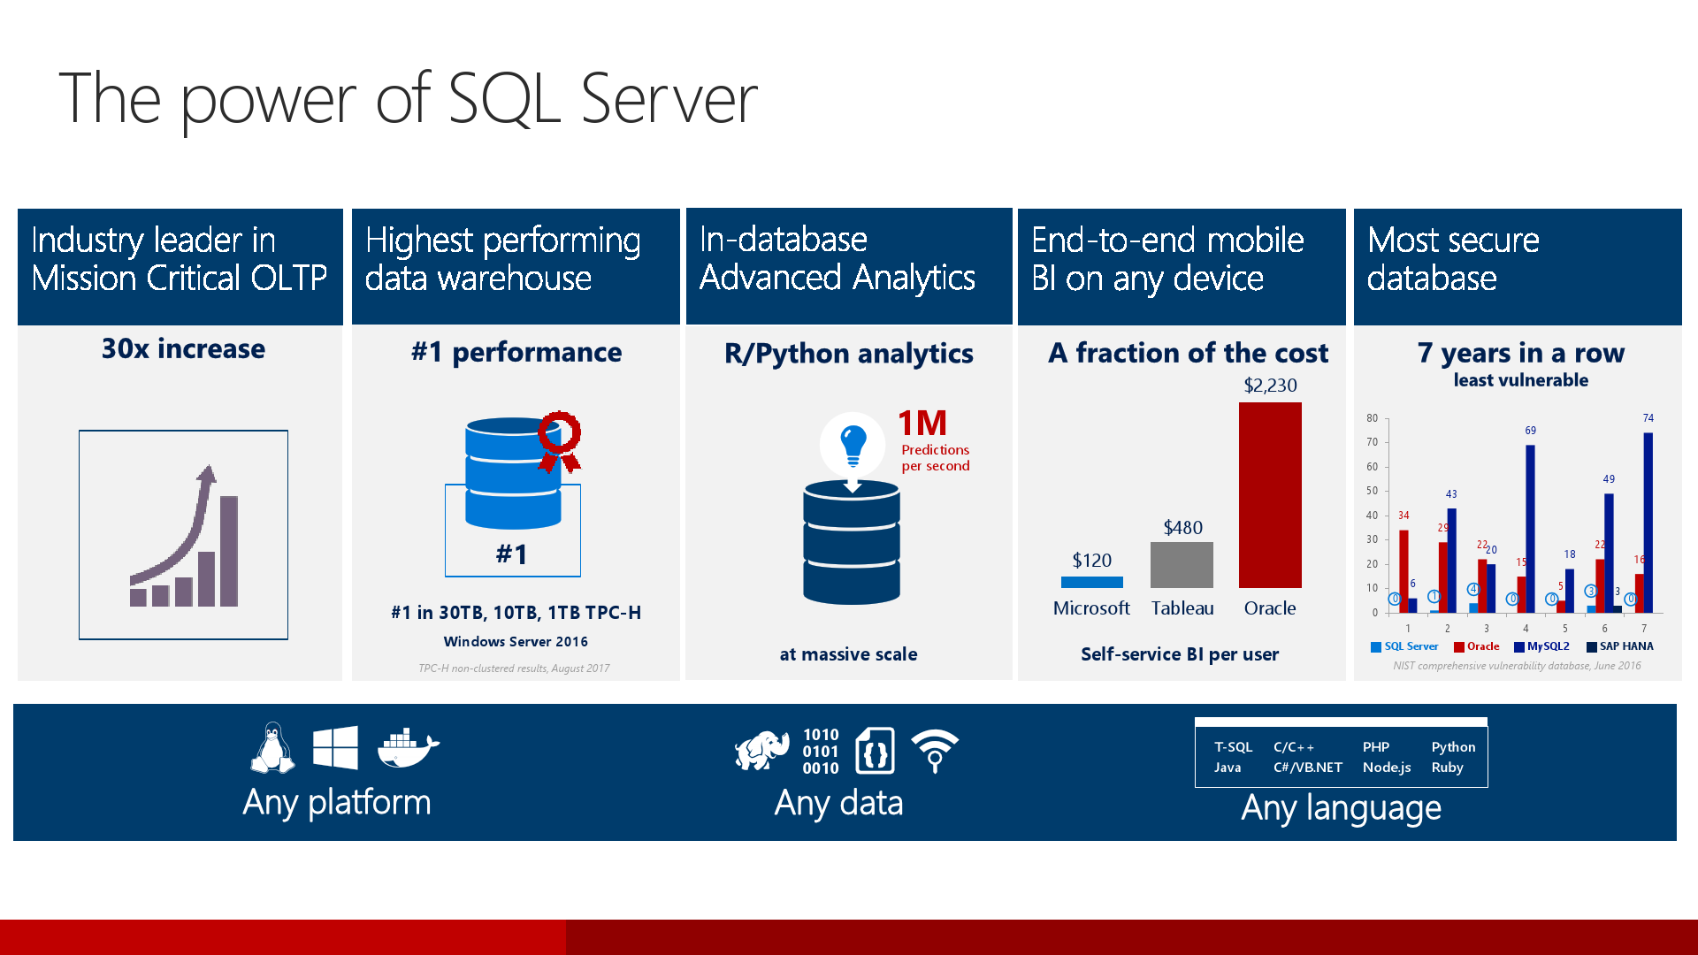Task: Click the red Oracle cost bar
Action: coord(1270,495)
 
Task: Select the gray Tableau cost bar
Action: coord(1182,565)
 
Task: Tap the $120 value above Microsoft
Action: coord(1091,561)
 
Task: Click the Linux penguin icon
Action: coord(272,748)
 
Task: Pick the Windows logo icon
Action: coord(335,748)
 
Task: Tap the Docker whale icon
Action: coord(408,748)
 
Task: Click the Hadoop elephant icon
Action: coord(762,751)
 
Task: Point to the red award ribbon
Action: coord(560,440)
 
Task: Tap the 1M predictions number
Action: coord(922,424)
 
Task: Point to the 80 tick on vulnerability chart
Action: coord(1372,418)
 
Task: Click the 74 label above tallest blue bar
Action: coord(1648,418)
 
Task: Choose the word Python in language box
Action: coord(1453,747)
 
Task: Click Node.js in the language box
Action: coord(1386,768)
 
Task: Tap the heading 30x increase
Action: coord(183,349)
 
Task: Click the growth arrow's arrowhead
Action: coord(207,474)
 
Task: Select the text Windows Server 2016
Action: coord(516,642)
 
